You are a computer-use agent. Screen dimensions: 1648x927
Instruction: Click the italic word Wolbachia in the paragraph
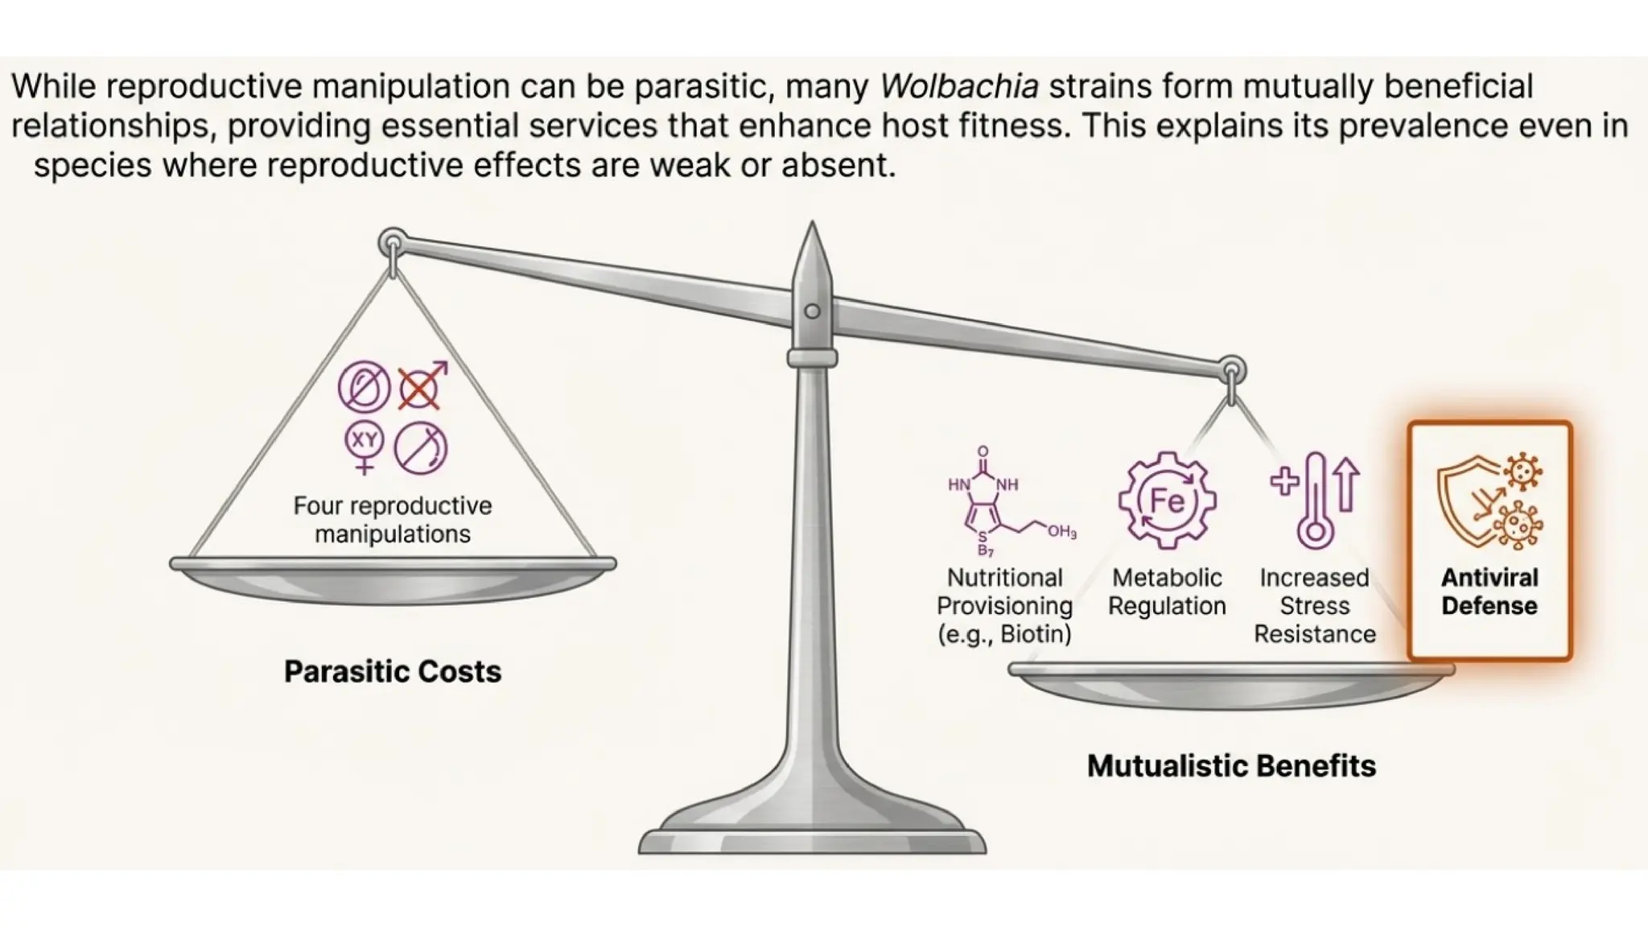pyautogui.click(x=959, y=87)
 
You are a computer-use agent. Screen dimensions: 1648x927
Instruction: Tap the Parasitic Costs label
pyautogui.click(x=393, y=672)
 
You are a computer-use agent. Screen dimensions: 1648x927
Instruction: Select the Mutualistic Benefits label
pyautogui.click(x=1231, y=766)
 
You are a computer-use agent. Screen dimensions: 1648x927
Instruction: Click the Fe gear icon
pyautogui.click(x=1167, y=501)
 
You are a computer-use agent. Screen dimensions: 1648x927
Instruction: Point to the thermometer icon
pyautogui.click(x=1316, y=501)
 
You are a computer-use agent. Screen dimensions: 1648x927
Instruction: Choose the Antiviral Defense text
pyautogui.click(x=1489, y=591)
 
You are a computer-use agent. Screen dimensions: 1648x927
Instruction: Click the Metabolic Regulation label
pyautogui.click(x=1167, y=591)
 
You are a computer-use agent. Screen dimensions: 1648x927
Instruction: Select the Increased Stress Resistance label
pyautogui.click(x=1315, y=606)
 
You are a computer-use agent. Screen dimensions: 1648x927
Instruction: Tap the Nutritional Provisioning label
pyautogui.click(x=1005, y=606)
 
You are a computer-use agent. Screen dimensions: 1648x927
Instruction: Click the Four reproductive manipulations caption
pyautogui.click(x=393, y=520)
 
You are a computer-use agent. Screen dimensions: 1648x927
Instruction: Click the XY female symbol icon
pyautogui.click(x=365, y=447)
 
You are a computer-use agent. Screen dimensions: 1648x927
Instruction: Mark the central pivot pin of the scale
pyautogui.click(x=813, y=311)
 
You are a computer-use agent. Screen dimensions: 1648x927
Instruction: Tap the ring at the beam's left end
pyautogui.click(x=393, y=241)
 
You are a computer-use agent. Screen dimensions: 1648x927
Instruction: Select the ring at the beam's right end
pyautogui.click(x=1231, y=371)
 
